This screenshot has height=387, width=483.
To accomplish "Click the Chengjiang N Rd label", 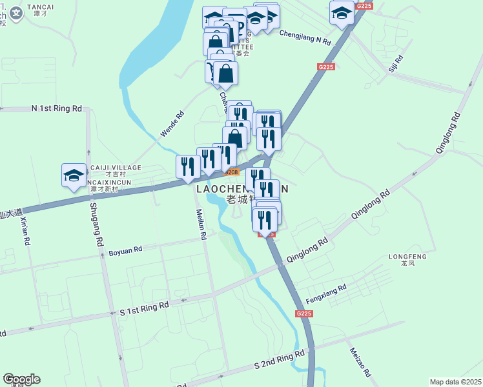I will [x=305, y=37].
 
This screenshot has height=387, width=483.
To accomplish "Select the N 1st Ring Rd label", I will [x=57, y=108].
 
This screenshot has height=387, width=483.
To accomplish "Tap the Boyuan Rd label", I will [x=125, y=252].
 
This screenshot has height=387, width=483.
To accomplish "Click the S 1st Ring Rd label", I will [x=144, y=308].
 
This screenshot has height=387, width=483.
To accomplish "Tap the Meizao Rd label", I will [x=360, y=362].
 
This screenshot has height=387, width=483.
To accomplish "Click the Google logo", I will [x=21, y=379].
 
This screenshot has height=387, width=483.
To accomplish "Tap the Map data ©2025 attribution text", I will [x=455, y=382].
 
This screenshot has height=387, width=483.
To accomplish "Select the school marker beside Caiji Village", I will [x=74, y=175].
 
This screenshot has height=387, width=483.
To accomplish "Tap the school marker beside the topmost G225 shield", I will [x=342, y=12].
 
